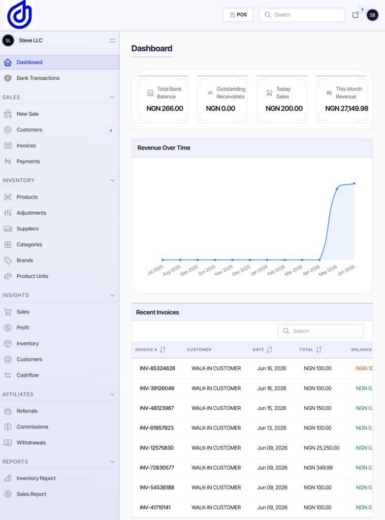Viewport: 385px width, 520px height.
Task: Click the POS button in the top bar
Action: [238, 15]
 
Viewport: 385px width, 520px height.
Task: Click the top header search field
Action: [302, 15]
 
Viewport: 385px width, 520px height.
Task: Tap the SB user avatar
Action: [372, 15]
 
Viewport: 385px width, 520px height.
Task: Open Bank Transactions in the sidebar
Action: [38, 78]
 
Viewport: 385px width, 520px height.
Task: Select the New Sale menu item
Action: [27, 114]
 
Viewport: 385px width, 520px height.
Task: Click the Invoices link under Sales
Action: [26, 146]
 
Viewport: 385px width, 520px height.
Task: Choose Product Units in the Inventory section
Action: [33, 276]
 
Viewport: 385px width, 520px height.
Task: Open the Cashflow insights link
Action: [27, 375]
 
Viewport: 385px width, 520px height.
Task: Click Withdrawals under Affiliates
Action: [31, 443]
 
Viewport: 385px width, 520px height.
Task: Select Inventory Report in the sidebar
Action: [36, 478]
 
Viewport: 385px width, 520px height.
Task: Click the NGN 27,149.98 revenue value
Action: [346, 109]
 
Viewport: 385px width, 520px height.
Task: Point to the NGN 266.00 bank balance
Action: [165, 109]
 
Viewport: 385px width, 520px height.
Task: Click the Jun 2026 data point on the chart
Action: [354, 183]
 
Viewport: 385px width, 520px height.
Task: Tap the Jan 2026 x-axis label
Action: [259, 270]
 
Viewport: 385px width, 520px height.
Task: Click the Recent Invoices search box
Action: [320, 331]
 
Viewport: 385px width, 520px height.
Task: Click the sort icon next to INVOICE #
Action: [163, 349]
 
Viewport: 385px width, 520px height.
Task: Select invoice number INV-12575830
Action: [156, 448]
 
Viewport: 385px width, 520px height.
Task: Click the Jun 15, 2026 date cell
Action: [272, 408]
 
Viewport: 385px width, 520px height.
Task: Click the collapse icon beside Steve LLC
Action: [112, 41]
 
